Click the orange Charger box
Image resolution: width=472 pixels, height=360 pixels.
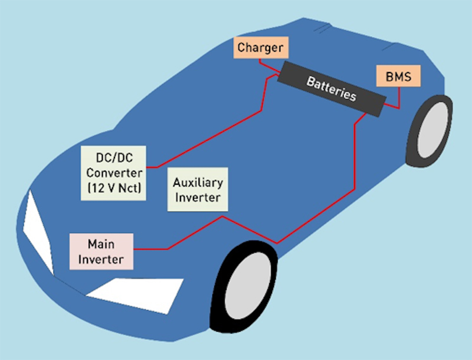tap(260, 47)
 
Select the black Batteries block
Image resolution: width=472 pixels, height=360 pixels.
tap(331, 88)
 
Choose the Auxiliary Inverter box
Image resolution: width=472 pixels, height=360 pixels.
tap(196, 189)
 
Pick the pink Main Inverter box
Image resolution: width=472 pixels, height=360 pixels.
tap(101, 251)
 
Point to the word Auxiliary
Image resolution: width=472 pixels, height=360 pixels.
tap(197, 182)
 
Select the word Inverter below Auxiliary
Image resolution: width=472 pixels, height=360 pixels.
tap(197, 197)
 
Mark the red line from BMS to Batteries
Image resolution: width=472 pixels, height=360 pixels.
tap(399, 97)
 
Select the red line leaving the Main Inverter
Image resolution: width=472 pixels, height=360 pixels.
tap(153, 248)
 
